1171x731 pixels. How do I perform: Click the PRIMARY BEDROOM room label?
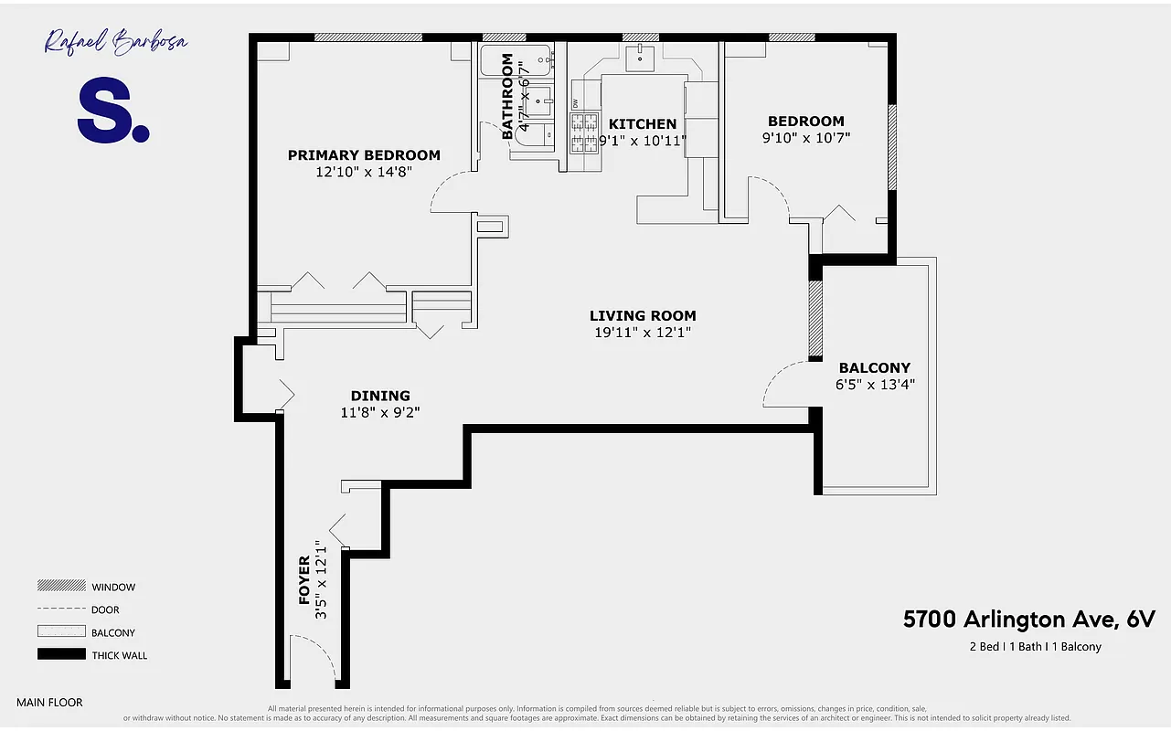364,155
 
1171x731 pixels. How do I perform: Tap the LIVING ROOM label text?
643,316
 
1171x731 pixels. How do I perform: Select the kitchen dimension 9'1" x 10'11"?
642,141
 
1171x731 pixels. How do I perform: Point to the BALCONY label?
875,368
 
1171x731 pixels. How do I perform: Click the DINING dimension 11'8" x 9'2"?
379,412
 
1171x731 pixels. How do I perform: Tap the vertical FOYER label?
305,581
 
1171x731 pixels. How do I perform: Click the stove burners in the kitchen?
583,133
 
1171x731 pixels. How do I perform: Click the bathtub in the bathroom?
516,60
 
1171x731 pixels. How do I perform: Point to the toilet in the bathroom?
534,135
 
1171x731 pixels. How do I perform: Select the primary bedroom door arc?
448,193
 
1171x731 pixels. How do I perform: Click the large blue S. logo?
112,111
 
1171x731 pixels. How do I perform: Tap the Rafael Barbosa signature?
116,42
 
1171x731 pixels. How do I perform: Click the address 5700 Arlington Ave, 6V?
1028,620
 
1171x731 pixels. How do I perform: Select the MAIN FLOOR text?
49,703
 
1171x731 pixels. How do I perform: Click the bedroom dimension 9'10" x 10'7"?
805,138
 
